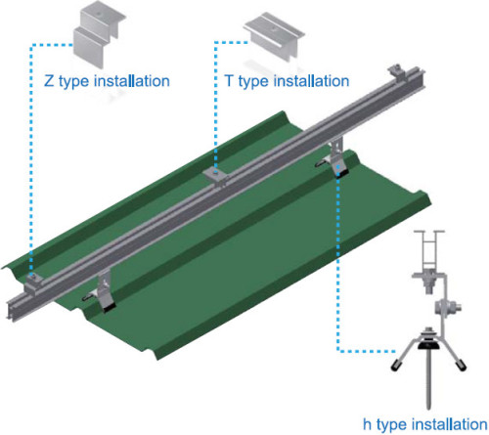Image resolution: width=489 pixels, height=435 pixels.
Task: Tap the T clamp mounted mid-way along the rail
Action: pyautogui.click(x=215, y=174)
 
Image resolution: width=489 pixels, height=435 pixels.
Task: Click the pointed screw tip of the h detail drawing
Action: pyautogui.click(x=431, y=401)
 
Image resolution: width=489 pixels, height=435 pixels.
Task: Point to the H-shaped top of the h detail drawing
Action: pyautogui.click(x=431, y=244)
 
